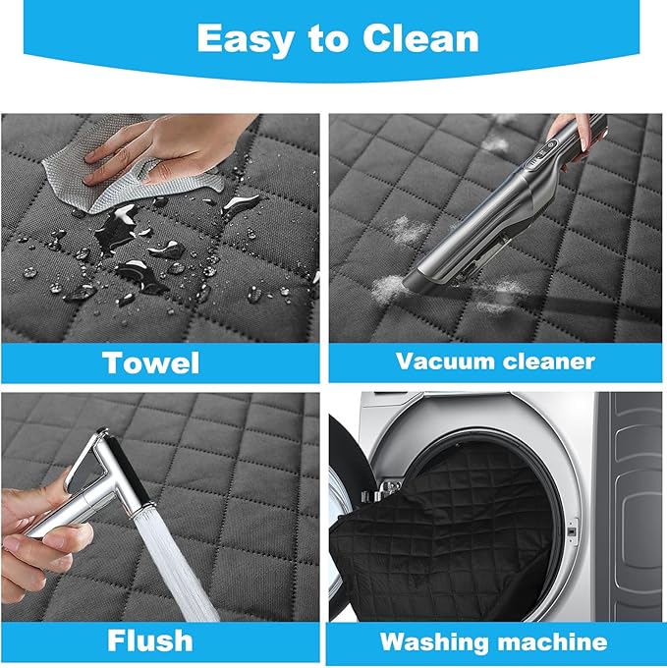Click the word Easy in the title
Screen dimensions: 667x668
click(x=244, y=39)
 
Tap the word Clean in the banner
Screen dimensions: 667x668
click(x=420, y=38)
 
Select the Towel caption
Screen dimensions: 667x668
click(x=150, y=362)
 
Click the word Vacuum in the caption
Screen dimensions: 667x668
click(x=444, y=362)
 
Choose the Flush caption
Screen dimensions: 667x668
click(x=149, y=640)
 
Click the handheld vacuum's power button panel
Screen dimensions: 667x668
click(x=542, y=154)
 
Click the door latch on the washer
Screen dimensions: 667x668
click(x=572, y=531)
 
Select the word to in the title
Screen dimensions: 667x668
click(x=327, y=39)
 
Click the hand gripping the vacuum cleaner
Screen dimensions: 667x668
click(x=575, y=137)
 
